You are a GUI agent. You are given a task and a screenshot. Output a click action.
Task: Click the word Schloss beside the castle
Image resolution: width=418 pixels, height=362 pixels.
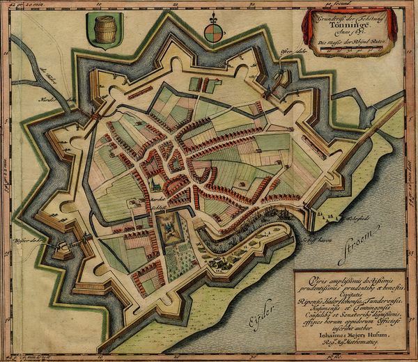pyautogui.click(x=140, y=207)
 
